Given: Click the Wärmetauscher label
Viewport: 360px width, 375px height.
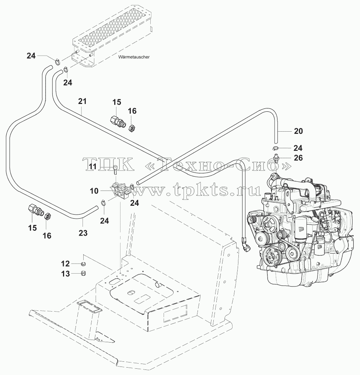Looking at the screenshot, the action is click(134, 57).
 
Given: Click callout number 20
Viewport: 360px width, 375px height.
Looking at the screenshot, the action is click(298, 131).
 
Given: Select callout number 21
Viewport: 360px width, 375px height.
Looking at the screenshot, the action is click(82, 101).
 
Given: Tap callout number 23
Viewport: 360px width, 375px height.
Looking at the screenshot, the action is click(83, 233).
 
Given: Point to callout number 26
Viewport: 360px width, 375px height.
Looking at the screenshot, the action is click(298, 158).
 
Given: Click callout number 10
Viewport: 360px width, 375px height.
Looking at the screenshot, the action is click(94, 191).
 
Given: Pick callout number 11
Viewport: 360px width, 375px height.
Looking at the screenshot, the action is click(93, 166).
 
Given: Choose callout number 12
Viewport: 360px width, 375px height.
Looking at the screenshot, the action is click(65, 264).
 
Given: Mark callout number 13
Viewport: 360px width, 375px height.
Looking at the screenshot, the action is click(65, 274).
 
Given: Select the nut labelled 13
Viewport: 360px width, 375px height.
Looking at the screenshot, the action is click(83, 273).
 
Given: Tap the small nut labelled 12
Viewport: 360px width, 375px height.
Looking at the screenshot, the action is click(83, 264).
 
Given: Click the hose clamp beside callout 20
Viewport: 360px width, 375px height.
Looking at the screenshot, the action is click(275, 148).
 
